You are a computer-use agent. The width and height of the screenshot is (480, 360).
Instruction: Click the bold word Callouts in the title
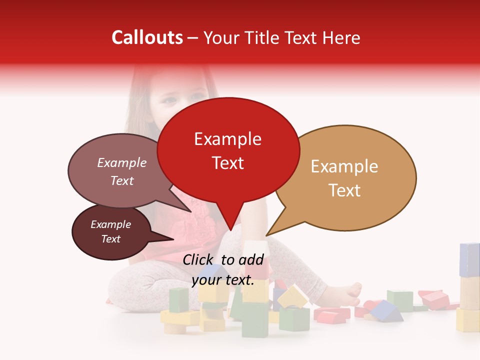[x=147, y=37]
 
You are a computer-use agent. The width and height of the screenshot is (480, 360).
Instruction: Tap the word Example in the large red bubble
[x=227, y=139]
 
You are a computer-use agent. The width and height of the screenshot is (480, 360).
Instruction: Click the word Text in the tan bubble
[x=345, y=190]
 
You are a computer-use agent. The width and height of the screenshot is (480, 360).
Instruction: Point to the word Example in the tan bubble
[x=344, y=166]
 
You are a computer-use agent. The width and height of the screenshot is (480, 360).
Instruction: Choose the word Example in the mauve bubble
[x=121, y=162]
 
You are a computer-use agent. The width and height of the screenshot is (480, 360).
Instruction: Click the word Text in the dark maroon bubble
[x=110, y=239]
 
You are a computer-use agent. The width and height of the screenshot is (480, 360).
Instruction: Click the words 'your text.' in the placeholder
[x=223, y=280]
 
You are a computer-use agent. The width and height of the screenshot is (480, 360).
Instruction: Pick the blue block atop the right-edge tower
[x=469, y=259]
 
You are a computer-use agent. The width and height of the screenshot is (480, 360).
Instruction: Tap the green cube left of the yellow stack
[x=178, y=299]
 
